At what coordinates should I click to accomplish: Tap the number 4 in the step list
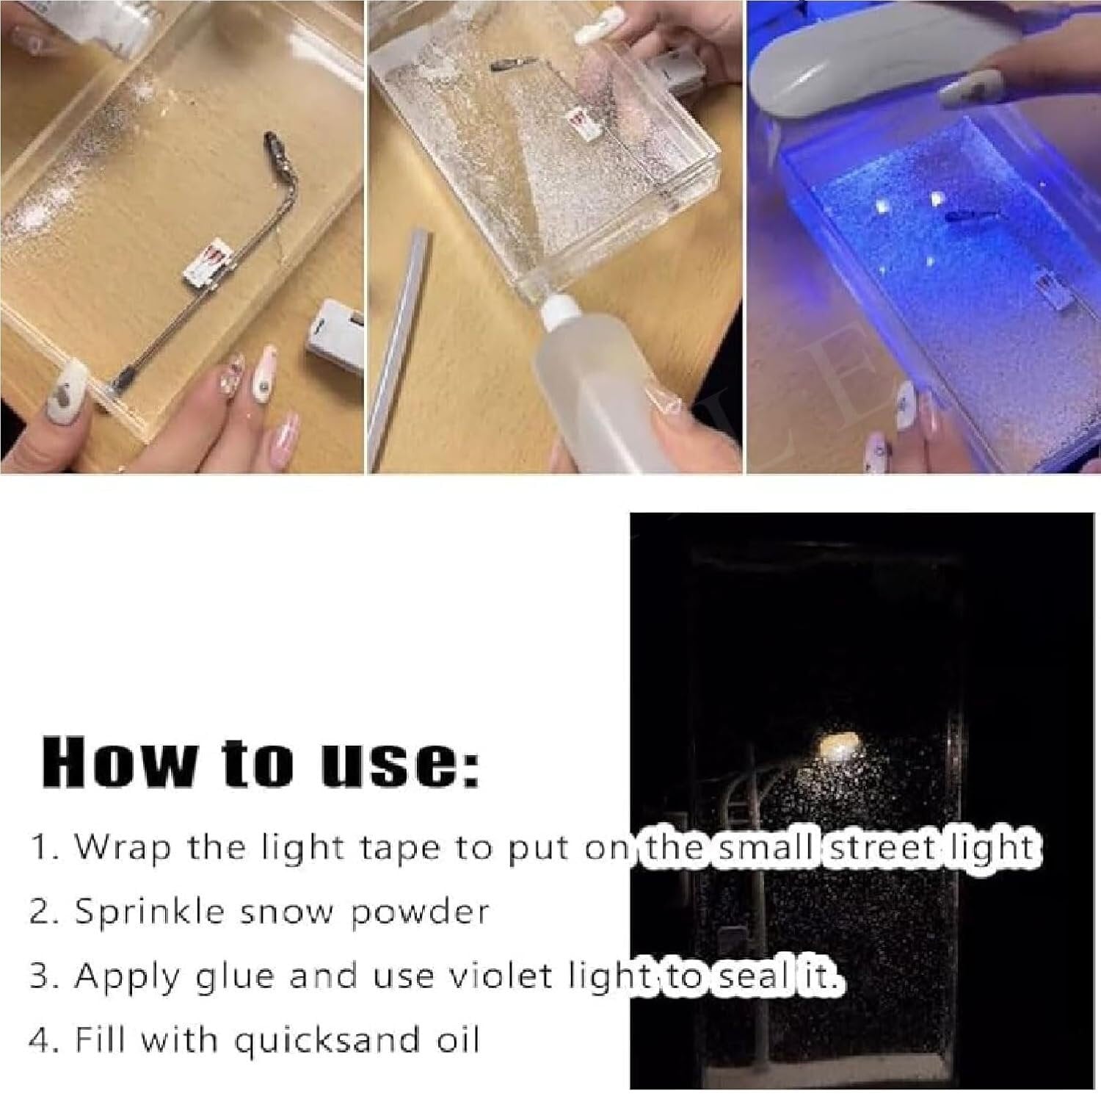pyautogui.click(x=40, y=1041)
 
